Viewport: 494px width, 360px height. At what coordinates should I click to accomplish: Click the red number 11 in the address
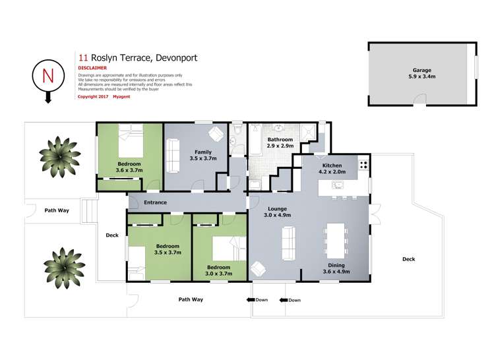coord(83,58)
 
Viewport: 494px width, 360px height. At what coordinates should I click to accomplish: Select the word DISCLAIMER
coord(92,67)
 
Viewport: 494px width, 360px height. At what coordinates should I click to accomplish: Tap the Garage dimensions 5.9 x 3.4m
coord(422,76)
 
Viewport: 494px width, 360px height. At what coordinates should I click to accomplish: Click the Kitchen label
coord(332,165)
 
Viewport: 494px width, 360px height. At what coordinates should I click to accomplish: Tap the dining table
coord(336,241)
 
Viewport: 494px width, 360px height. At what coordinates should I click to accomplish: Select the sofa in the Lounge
coord(288,243)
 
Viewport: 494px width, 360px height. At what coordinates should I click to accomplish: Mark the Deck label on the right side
coord(408,259)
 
